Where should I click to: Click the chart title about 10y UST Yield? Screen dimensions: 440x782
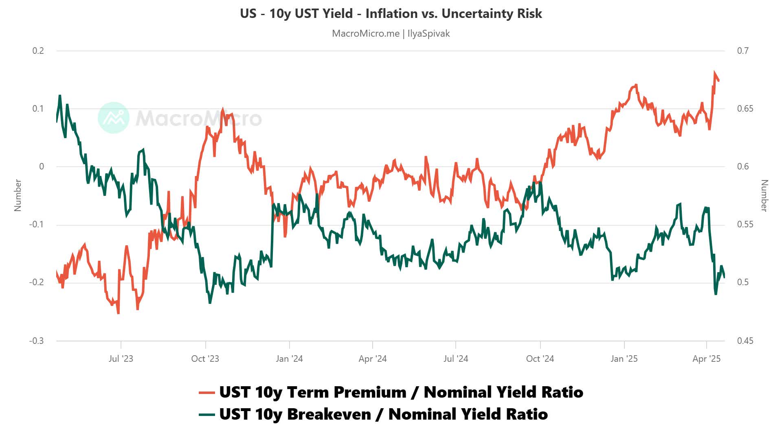pyautogui.click(x=391, y=13)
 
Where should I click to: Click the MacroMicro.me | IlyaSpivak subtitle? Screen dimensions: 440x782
pyautogui.click(x=391, y=33)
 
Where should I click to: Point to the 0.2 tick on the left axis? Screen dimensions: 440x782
pyautogui.click(x=38, y=51)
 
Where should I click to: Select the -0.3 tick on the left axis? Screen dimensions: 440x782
pyautogui.click(x=37, y=341)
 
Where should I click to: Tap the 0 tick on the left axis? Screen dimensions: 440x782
pyautogui.click(x=42, y=167)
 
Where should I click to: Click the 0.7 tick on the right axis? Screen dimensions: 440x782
pyautogui.click(x=742, y=51)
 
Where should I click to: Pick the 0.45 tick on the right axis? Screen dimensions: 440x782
pyautogui.click(x=745, y=341)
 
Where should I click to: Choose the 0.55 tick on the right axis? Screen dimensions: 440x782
pyautogui.click(x=745, y=224)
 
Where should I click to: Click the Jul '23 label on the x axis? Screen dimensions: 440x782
pyautogui.click(x=121, y=359)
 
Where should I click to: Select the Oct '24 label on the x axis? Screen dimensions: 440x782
pyautogui.click(x=540, y=359)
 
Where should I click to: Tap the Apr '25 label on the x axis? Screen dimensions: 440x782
pyautogui.click(x=706, y=359)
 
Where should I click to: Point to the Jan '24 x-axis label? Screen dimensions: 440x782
pyautogui.click(x=289, y=359)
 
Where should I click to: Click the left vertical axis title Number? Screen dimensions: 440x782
pyautogui.click(x=18, y=195)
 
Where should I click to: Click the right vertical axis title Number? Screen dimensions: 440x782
pyautogui.click(x=764, y=195)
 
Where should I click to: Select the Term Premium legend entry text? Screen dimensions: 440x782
pyautogui.click(x=401, y=392)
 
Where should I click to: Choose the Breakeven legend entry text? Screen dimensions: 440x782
pyautogui.click(x=383, y=414)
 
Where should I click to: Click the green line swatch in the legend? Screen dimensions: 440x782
pyautogui.click(x=206, y=415)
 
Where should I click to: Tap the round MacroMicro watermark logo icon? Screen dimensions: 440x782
pyautogui.click(x=114, y=118)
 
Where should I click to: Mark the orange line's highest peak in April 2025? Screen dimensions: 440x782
pyautogui.click(x=715, y=73)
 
